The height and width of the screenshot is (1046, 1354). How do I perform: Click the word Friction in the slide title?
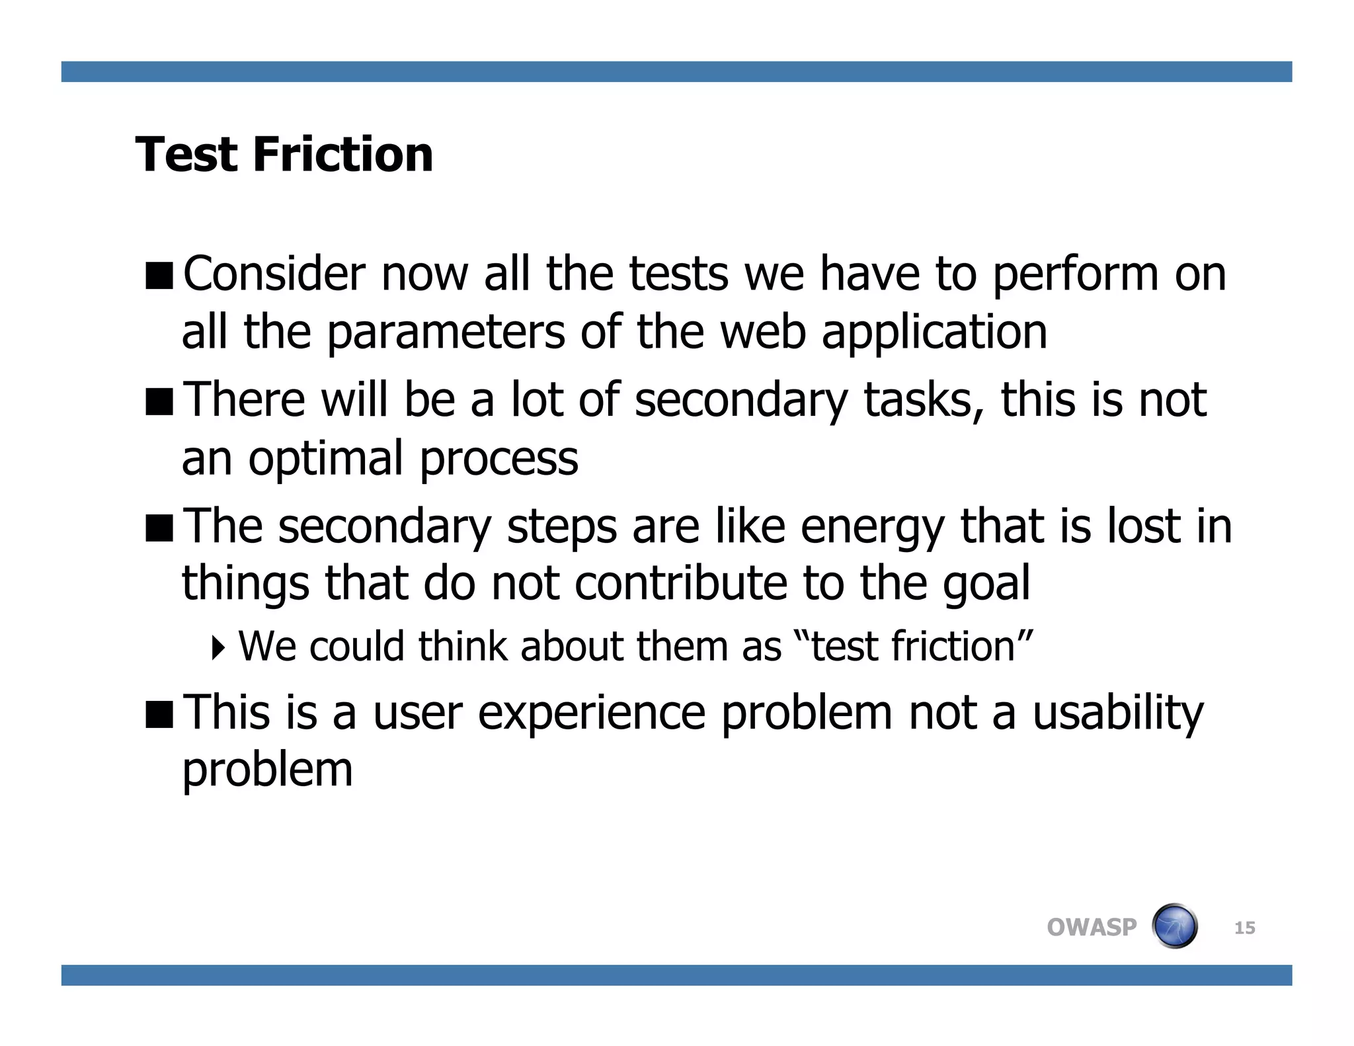tap(342, 155)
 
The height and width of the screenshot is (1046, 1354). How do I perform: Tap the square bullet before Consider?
tap(159, 275)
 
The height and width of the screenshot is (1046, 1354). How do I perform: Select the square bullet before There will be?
tap(159, 401)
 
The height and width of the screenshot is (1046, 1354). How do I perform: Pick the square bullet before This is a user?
tap(159, 713)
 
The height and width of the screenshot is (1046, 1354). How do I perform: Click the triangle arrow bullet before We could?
tap(218, 647)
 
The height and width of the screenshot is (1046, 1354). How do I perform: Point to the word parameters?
tap(446, 333)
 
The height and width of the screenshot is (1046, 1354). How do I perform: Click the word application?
tap(934, 333)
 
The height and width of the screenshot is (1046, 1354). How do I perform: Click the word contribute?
tap(681, 584)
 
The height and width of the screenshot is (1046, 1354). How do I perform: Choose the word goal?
tap(986, 584)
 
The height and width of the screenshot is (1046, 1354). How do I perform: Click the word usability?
tap(1118, 713)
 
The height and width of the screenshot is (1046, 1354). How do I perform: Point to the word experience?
tap(591, 713)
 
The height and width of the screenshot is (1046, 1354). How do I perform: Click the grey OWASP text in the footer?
tap(1092, 927)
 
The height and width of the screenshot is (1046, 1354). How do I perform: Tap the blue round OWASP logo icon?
tap(1174, 926)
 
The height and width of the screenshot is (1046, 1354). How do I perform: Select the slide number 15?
tap(1244, 928)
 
